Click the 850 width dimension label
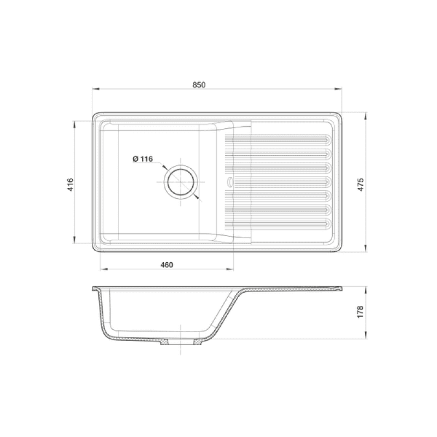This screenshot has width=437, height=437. point(199,85)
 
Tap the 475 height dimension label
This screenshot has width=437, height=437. point(361,185)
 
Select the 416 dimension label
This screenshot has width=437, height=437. point(70,185)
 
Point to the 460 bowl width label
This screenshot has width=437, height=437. point(167,265)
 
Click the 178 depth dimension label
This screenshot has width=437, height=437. point(361,312)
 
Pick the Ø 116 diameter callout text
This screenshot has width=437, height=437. point(143,159)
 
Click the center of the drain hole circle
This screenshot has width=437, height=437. point(181,182)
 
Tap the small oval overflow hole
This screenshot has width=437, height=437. point(230,182)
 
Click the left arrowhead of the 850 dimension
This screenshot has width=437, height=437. point(96,89)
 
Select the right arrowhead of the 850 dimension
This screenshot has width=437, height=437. point(338,89)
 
